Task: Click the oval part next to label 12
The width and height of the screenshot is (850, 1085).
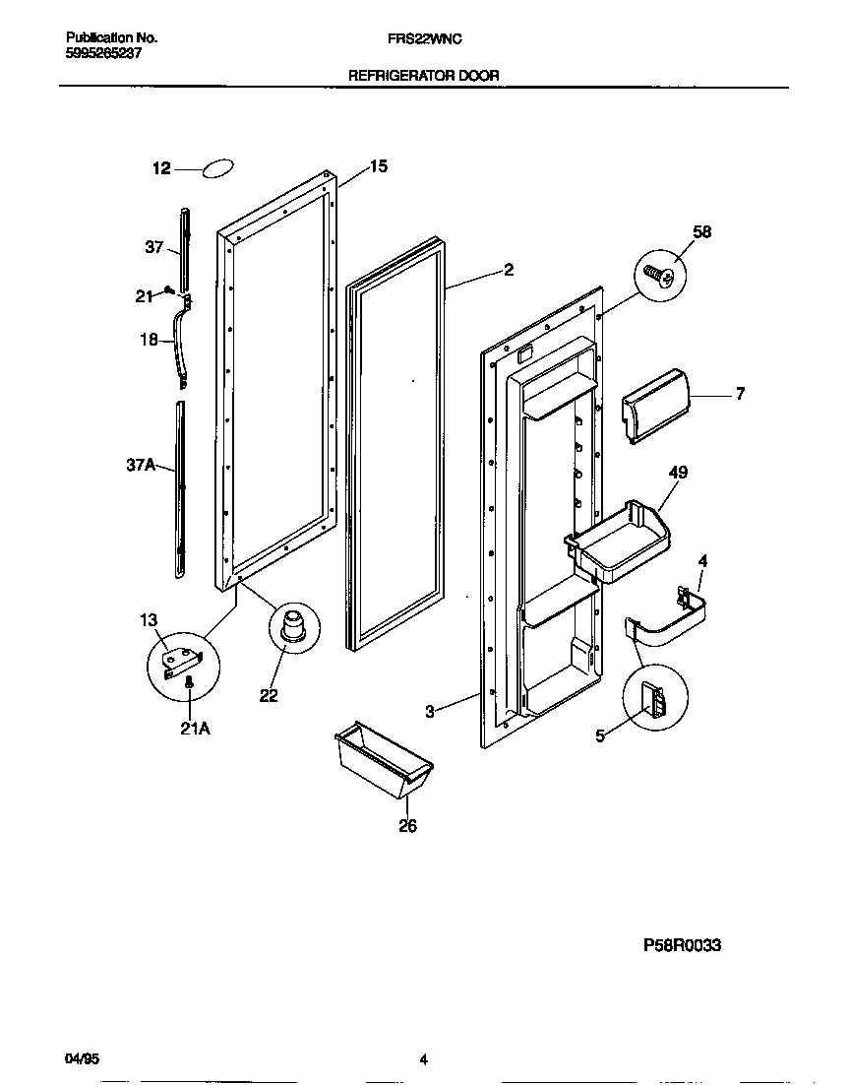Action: pos(218,169)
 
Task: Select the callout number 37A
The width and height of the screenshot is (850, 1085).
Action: pos(142,468)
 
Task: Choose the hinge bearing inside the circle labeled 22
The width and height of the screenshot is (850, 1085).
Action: pos(291,626)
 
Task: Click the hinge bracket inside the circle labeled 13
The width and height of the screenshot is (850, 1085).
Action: pos(183,659)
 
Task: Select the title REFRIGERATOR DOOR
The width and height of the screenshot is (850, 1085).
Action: pos(424,75)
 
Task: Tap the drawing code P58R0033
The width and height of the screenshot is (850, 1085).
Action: pos(682,945)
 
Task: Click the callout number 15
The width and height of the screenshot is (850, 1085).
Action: pos(378,166)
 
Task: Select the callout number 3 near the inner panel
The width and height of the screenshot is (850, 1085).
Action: pos(429,711)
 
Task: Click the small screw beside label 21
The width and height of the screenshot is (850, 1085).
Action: pos(169,289)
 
